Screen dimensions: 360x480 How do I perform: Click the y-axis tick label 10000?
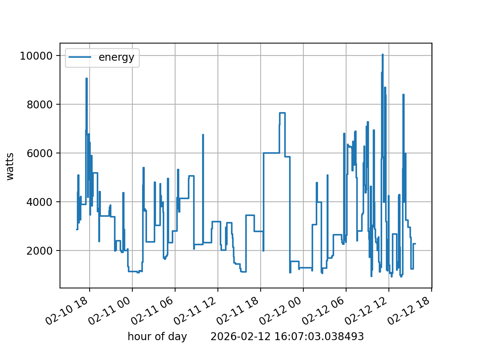36,56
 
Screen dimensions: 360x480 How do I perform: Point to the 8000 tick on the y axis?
39,105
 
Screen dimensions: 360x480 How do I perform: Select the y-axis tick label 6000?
39,153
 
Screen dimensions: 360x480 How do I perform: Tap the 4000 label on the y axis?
39,202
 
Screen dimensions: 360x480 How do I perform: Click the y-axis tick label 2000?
39,251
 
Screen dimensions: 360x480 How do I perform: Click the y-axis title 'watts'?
10,166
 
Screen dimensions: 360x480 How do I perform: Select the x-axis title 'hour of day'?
157,336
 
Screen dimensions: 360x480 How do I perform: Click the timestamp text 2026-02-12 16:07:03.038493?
287,336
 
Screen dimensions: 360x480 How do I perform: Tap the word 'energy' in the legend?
116,57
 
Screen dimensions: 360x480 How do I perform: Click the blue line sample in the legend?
80,57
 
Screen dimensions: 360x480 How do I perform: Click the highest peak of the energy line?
382,55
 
